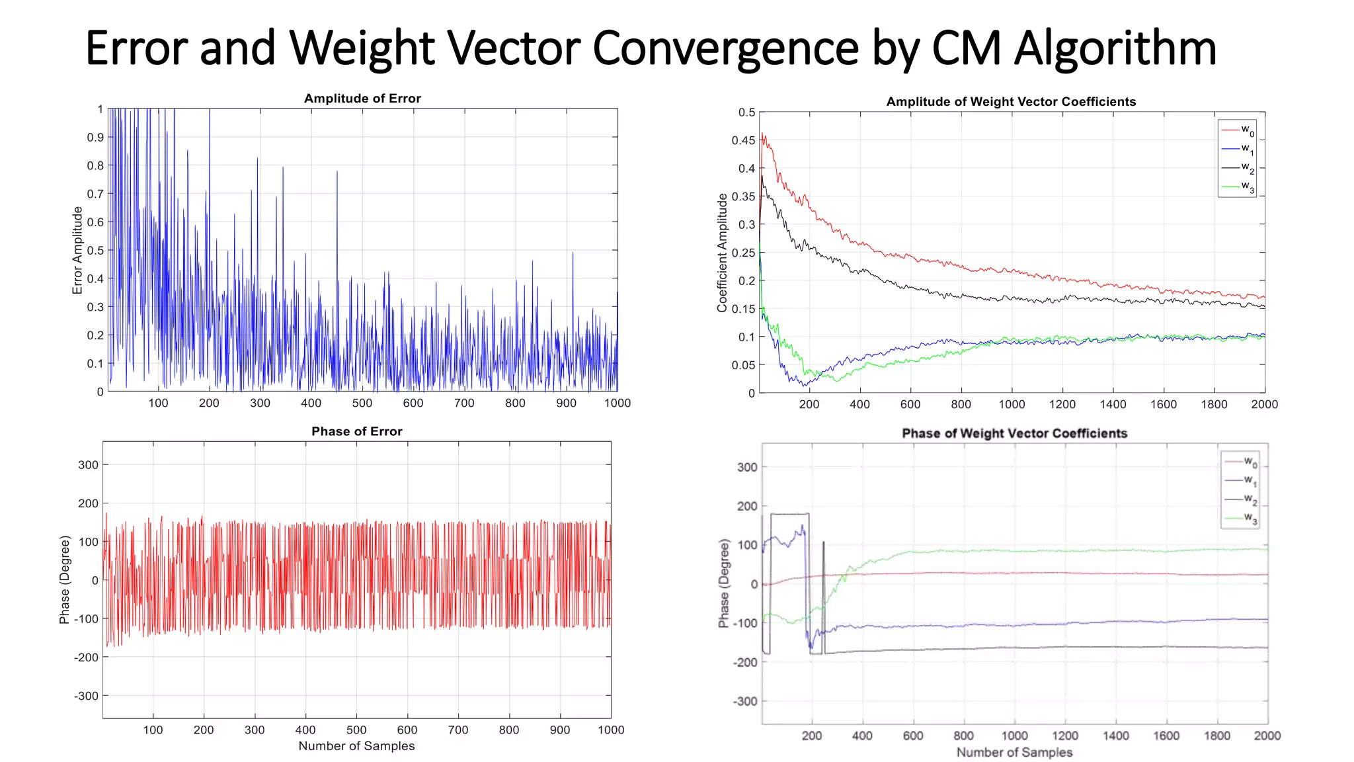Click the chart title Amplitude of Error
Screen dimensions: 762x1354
tap(362, 99)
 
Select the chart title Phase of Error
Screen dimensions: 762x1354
tap(357, 431)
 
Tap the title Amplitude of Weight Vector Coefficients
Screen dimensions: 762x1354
tap(1011, 102)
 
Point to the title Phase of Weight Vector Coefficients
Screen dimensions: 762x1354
tap(1014, 433)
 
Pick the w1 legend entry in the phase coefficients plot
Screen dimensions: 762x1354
tap(1240, 480)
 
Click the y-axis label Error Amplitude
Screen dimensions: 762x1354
tap(77, 250)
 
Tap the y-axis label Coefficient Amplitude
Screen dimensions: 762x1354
tap(722, 253)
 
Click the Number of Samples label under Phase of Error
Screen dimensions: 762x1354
tap(356, 746)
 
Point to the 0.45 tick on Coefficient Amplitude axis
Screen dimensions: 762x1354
tap(743, 140)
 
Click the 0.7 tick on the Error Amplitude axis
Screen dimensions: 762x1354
tap(95, 194)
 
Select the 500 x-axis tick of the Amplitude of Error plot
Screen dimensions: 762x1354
tap(362, 403)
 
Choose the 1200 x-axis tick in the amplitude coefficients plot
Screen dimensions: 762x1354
tap(1062, 404)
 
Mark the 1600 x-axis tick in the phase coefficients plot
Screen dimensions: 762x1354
tap(1166, 736)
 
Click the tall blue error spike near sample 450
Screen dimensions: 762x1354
tap(337, 198)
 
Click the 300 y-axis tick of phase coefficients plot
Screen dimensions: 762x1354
tap(747, 467)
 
